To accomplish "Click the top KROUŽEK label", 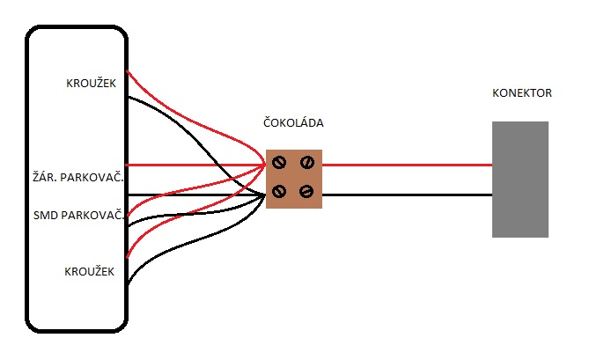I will click(x=91, y=84).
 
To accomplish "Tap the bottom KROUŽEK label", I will click(x=91, y=272).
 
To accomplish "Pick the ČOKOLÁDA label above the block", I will click(x=293, y=122).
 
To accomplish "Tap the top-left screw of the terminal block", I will click(x=279, y=163).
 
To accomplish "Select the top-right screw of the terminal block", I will click(x=307, y=162).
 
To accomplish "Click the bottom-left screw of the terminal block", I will click(x=279, y=192).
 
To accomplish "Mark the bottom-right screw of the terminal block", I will click(x=307, y=192).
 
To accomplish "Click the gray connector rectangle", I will click(x=520, y=180).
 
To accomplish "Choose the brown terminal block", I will click(x=294, y=178).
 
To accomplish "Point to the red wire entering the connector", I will click(x=405, y=165).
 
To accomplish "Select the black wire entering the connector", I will click(x=405, y=195).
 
